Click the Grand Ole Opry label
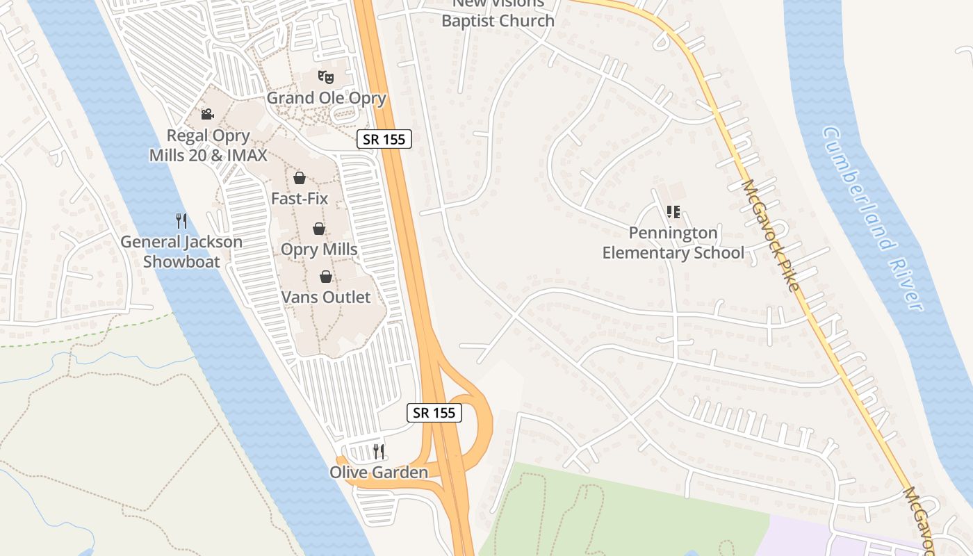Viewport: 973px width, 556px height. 326,98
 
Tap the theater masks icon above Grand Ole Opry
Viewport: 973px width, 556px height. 326,76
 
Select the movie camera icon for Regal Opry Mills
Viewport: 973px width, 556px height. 207,114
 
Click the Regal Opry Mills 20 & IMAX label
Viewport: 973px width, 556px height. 208,145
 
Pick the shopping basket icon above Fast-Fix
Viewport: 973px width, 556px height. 300,178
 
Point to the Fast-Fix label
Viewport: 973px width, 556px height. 300,199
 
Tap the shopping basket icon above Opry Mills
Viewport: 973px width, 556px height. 318,229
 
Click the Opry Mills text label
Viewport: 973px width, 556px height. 319,250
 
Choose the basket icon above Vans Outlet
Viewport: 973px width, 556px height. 325,277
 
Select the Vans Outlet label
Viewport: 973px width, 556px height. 326,297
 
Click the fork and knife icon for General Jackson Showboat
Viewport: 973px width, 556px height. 181,221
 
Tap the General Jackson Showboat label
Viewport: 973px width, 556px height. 181,252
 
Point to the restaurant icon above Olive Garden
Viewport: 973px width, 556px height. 378,452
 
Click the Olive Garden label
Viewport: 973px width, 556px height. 379,473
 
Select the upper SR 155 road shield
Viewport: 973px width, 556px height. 384,139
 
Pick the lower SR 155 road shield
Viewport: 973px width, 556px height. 434,413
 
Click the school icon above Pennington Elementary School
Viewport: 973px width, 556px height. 673,212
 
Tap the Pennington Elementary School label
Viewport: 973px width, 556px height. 673,243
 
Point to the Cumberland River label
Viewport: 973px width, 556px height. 873,218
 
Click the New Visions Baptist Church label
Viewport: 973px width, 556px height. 498,13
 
